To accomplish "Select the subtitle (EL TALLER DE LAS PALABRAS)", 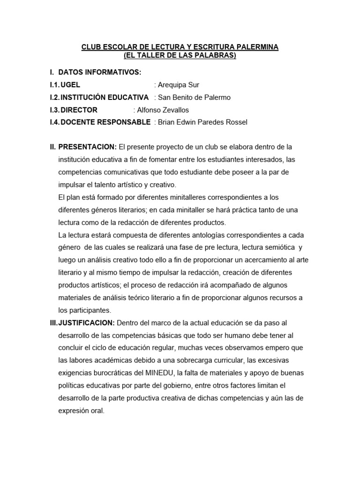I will coord(180,56).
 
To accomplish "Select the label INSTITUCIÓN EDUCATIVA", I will coord(105,97).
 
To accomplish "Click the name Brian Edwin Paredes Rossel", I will coord(202,123).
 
